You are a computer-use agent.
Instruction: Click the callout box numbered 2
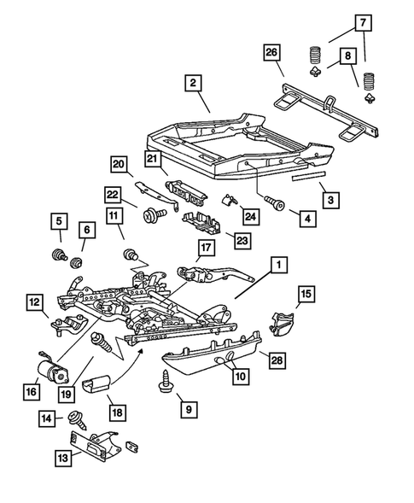point(194,84)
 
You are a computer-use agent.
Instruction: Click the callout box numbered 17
point(207,249)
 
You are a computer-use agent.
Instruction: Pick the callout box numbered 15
point(305,295)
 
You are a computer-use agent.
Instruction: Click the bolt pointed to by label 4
point(275,203)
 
